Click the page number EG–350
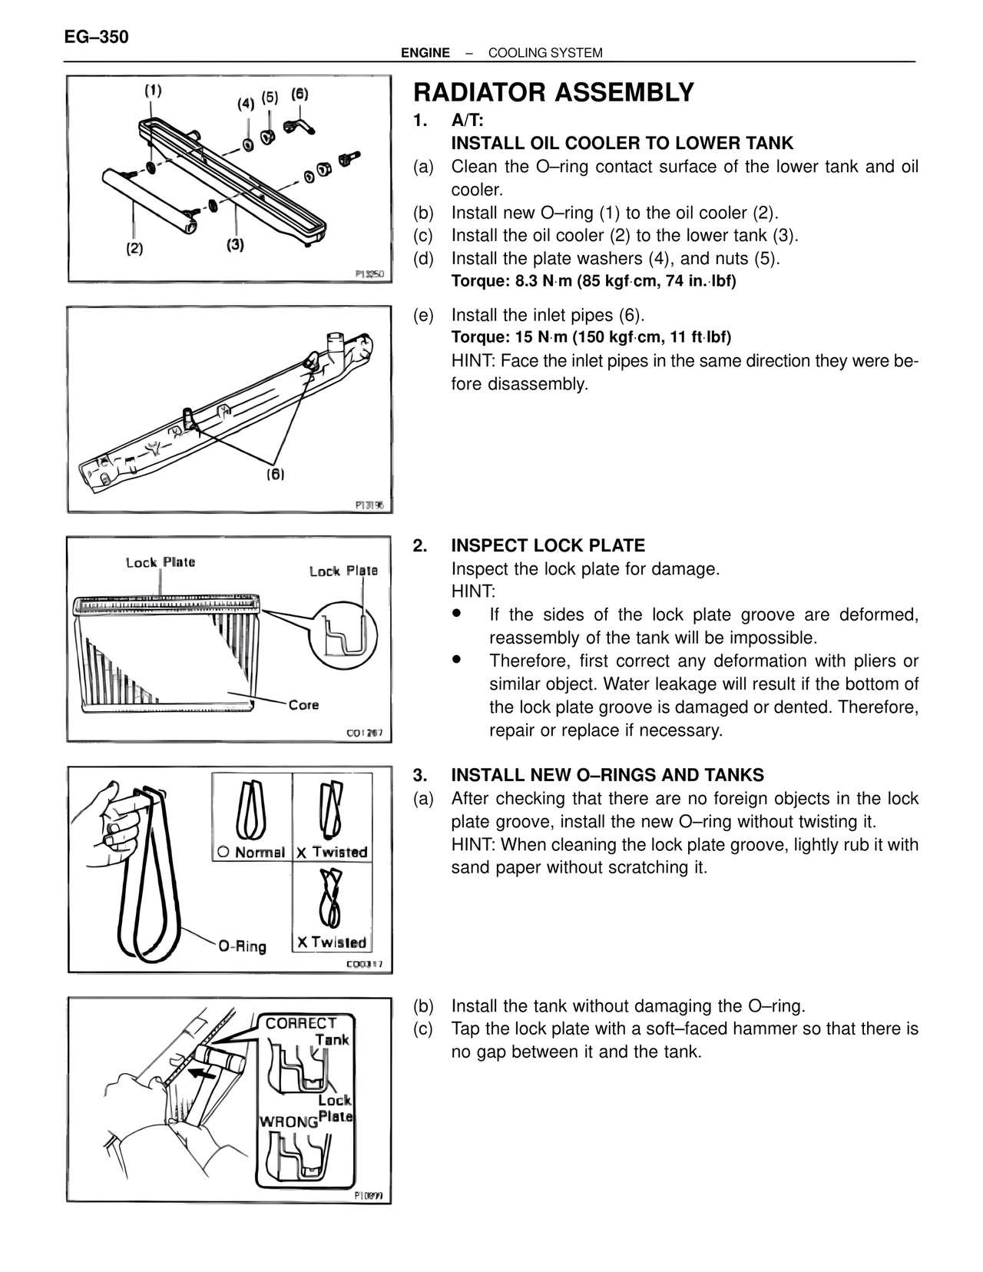pyautogui.click(x=97, y=37)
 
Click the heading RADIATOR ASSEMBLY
pyautogui.click(x=553, y=93)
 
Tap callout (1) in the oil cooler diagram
pyautogui.click(x=154, y=90)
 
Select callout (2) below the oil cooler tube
pyautogui.click(x=134, y=249)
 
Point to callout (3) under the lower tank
pyautogui.click(x=235, y=245)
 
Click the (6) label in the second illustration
pyautogui.click(x=275, y=474)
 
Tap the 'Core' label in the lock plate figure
pyautogui.click(x=303, y=704)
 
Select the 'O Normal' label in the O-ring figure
pyautogui.click(x=251, y=852)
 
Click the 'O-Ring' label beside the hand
pyautogui.click(x=242, y=946)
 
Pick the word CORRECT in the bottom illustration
pyautogui.click(x=301, y=1023)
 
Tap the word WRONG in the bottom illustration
pyautogui.click(x=288, y=1121)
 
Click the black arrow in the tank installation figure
pyautogui.click(x=201, y=1072)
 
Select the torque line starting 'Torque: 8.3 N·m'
pyautogui.click(x=593, y=281)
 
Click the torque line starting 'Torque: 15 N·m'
pyautogui.click(x=591, y=337)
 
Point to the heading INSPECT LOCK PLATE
pyautogui.click(x=548, y=546)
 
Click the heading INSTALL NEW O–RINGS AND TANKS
pyautogui.click(x=607, y=775)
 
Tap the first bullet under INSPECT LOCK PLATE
pyautogui.click(x=458, y=614)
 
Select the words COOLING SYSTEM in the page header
pyautogui.click(x=545, y=53)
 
